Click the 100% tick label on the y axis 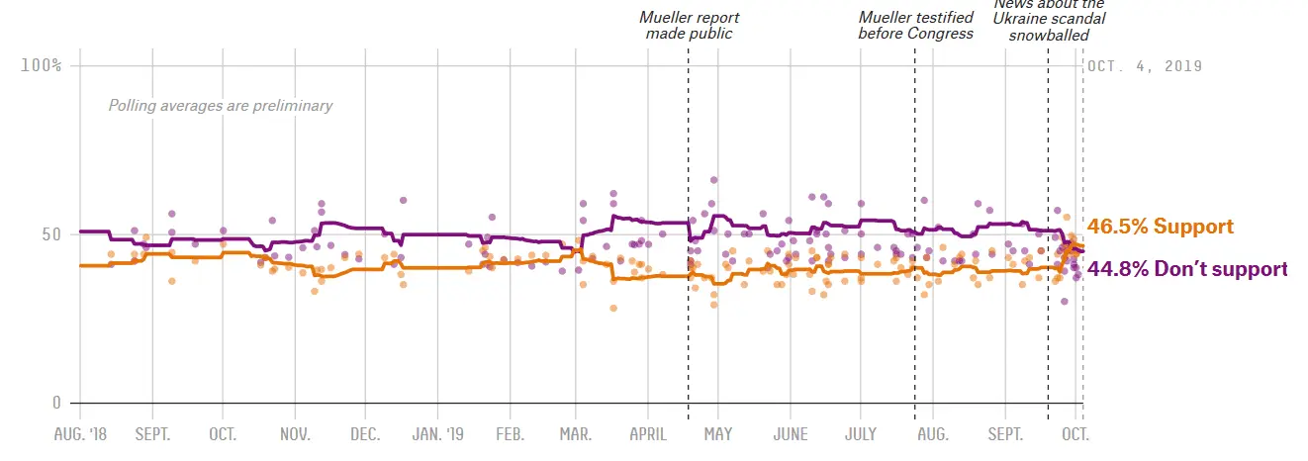point(41,65)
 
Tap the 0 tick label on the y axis point(56,403)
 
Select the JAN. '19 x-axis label point(437,434)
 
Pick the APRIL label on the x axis point(648,434)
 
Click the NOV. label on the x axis point(295,434)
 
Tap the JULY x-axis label point(861,434)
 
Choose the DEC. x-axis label point(366,434)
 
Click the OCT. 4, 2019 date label point(1145,66)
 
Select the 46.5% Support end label point(1160,227)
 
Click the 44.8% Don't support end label point(1187,268)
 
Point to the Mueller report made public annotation point(689,26)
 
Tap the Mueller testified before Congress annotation point(915,26)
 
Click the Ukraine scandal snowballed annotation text point(1049,20)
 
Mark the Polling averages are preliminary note point(221,106)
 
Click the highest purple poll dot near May point(713,180)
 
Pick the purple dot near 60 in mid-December point(404,200)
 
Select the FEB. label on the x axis point(509,434)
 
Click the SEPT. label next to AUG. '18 point(152,434)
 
